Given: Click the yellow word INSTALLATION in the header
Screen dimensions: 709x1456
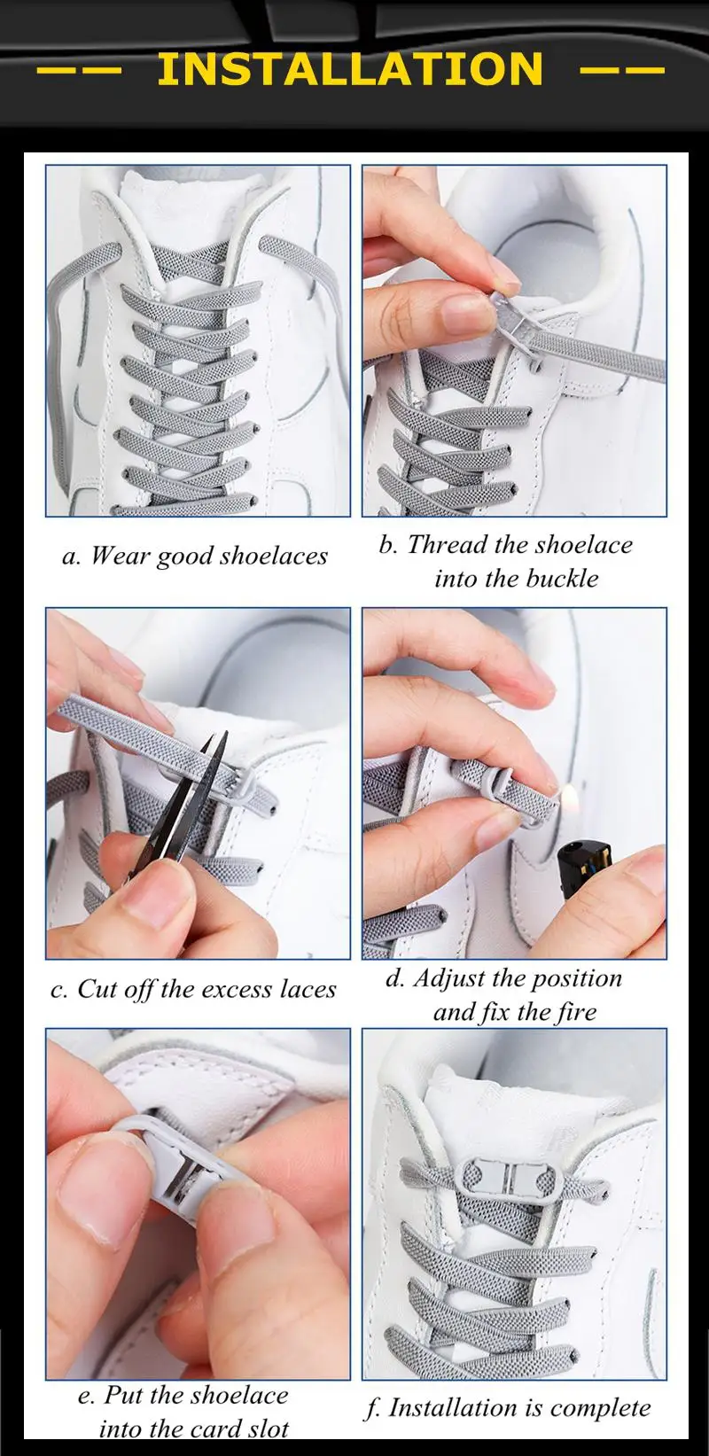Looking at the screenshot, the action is pyautogui.click(x=350, y=68).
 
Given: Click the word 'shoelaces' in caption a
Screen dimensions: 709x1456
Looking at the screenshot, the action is pyautogui.click(x=274, y=556).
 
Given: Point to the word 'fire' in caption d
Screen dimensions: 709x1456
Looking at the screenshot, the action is pyautogui.click(x=576, y=1011).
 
